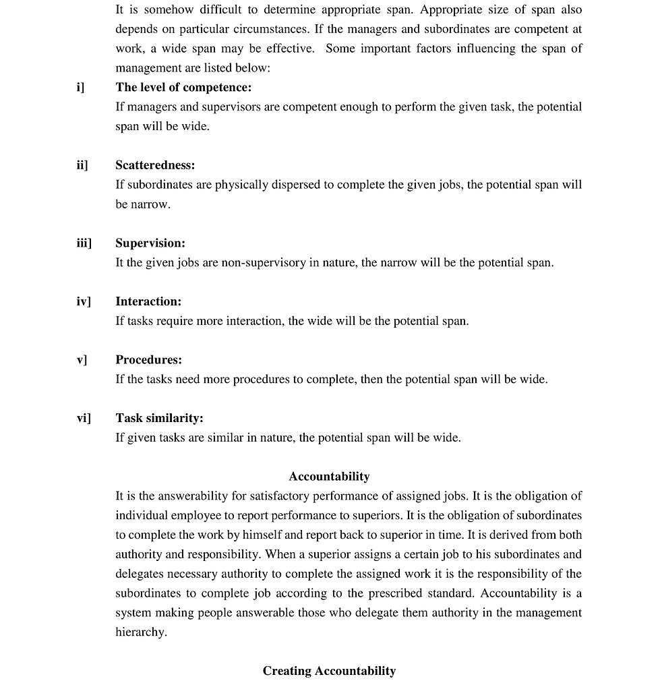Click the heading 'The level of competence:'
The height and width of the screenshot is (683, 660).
(x=183, y=88)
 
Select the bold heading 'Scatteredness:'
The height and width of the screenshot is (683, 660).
(x=155, y=165)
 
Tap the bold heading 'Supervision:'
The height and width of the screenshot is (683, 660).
(x=150, y=243)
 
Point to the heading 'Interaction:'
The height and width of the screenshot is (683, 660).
(x=148, y=301)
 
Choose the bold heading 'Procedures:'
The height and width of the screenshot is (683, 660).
(x=148, y=360)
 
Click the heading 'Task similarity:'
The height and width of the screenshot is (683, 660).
(x=159, y=418)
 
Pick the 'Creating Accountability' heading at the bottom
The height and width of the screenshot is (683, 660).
(x=329, y=671)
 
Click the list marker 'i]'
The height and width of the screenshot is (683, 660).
(x=80, y=88)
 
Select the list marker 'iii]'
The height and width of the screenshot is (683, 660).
(x=84, y=243)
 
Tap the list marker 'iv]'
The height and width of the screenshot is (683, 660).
(x=83, y=301)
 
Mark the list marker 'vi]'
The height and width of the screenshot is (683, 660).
(x=83, y=418)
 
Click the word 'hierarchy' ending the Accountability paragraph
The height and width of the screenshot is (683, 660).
(x=140, y=632)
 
